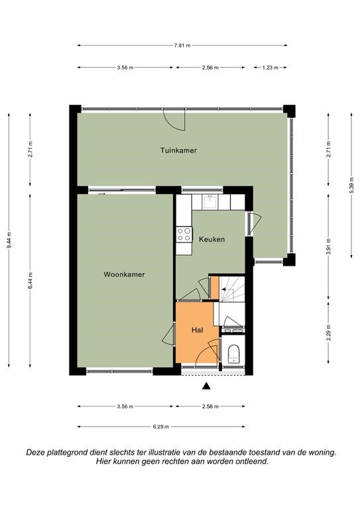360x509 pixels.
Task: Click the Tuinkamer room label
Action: pos(178,150)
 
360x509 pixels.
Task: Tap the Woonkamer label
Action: pos(125,274)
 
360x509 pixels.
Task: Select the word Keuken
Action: pos(212,239)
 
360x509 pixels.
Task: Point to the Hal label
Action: pos(197,330)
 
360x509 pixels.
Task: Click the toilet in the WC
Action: pos(233,354)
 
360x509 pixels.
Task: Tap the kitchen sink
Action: pos(210,202)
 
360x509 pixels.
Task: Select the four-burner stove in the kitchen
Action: pos(184,235)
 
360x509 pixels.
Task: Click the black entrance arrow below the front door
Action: pos(206,386)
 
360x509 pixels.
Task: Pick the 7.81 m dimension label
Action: pos(182,46)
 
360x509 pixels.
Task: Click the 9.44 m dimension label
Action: pos(9,240)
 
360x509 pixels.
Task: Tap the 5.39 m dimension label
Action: pos(351,186)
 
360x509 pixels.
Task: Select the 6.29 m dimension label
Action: pos(161,427)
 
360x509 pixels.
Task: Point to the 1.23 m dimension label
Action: pos(270,68)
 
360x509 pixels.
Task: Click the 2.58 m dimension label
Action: pos(210,406)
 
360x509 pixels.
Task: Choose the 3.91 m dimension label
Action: pos(329,247)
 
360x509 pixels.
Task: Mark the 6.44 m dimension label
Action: pos(30,280)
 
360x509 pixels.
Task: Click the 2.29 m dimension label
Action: pos(329,333)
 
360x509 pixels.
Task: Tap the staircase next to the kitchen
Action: pos(232,288)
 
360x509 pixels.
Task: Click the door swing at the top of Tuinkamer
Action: pos(174,120)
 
